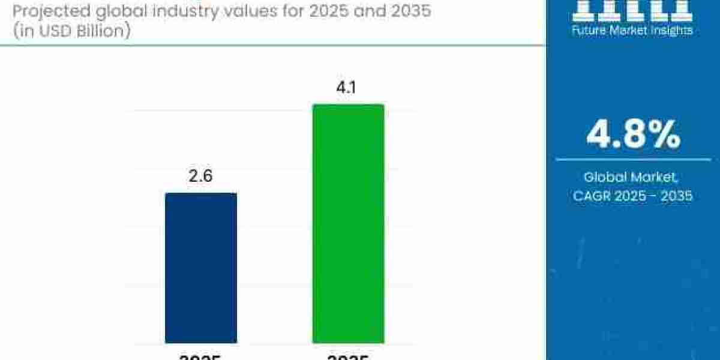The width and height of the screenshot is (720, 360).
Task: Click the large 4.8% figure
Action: pos(633,134)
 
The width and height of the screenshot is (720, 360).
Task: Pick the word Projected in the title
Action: pos(41,11)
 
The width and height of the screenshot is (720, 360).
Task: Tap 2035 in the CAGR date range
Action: pos(675,196)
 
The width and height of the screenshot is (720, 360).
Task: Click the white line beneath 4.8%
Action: pos(633,160)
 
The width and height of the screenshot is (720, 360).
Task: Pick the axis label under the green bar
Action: pos(348,356)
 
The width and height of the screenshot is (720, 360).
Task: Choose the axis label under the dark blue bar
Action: pos(201,356)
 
